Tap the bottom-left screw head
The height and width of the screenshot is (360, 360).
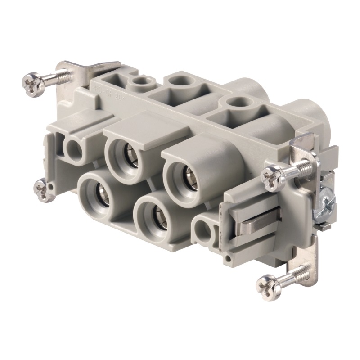tap(41, 190)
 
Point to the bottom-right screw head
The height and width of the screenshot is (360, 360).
tap(267, 284)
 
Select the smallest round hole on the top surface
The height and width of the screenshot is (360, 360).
tap(140, 82)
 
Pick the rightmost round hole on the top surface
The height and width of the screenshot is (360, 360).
tap(234, 103)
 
